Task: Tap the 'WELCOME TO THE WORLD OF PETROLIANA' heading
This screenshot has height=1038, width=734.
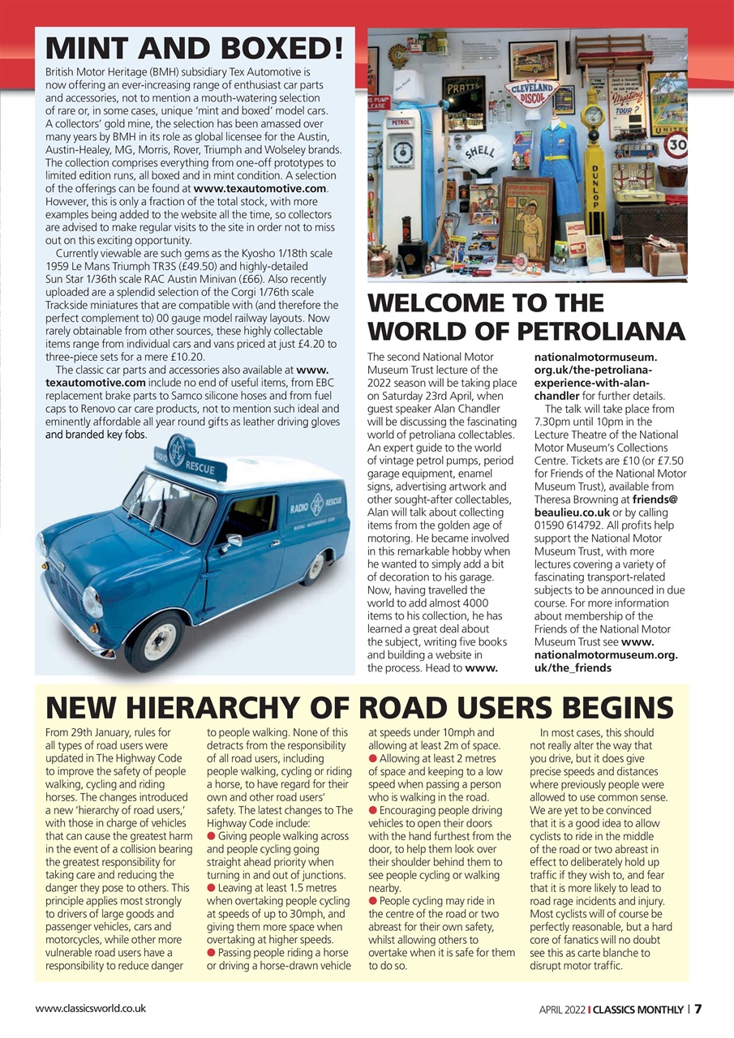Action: tap(526, 317)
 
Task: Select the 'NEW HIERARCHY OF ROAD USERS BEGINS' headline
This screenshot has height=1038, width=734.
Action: tap(359, 707)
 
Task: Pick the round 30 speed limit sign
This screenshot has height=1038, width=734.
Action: tap(676, 146)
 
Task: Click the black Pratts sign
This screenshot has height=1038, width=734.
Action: tap(464, 90)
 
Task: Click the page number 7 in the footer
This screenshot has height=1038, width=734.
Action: tap(698, 1009)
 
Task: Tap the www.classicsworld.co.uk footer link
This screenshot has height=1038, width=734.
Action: tap(90, 1009)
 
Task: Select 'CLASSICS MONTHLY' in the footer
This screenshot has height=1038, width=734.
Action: tap(637, 1010)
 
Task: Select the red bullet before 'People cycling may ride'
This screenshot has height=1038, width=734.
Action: tap(373, 900)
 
